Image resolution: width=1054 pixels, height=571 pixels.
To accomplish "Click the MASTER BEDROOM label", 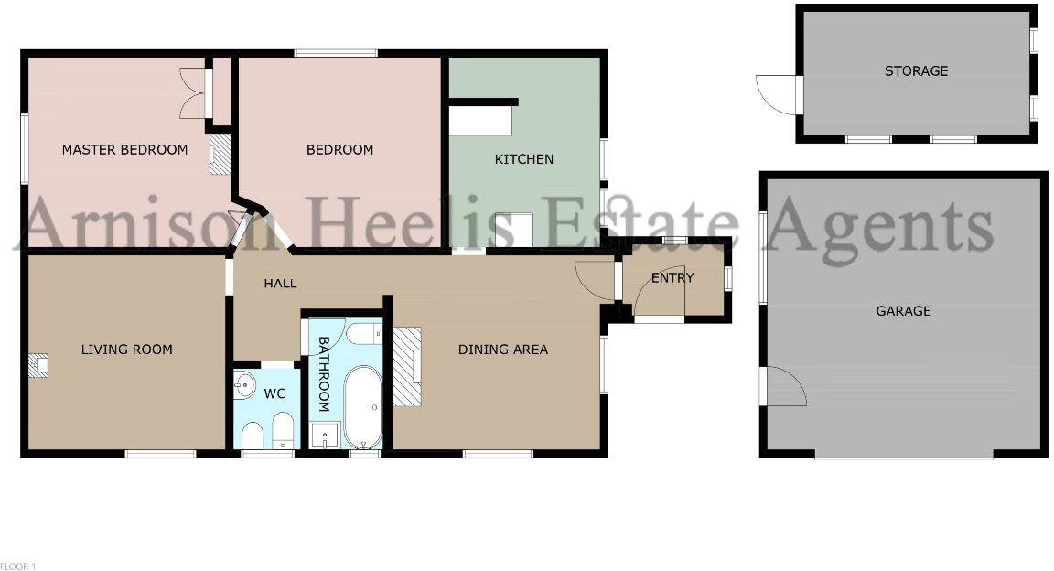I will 124,150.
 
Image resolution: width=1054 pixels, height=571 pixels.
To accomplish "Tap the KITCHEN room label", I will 523,159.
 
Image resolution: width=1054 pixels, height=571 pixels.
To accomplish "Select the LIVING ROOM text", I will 126,350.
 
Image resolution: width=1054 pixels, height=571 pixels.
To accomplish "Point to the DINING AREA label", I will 502,350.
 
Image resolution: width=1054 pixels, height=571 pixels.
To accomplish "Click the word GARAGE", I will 903,311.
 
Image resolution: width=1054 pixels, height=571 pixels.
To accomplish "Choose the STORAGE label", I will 916,71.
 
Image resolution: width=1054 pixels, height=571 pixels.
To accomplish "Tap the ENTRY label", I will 672,278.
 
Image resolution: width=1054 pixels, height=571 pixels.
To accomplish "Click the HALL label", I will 280,284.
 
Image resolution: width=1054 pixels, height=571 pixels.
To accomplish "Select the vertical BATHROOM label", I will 323,373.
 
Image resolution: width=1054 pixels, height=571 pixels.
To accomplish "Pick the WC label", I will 274,394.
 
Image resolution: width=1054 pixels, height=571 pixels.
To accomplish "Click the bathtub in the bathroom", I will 363,406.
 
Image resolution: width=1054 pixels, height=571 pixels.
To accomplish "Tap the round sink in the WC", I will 243,385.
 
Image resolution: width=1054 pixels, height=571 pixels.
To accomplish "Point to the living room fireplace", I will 38,366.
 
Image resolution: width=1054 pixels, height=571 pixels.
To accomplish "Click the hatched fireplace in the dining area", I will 407,366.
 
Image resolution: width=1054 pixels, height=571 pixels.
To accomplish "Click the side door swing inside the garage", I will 785,386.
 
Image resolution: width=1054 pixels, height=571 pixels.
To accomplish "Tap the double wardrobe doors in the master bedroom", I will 192,93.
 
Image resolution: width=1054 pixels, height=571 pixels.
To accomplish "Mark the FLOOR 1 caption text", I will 18,566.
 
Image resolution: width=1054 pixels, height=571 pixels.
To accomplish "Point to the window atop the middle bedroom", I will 336,53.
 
